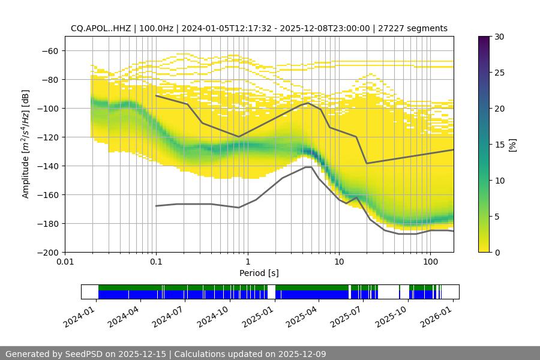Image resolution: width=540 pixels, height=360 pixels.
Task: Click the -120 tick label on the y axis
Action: [47, 137]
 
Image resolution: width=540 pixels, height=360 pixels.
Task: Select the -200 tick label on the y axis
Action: [47, 252]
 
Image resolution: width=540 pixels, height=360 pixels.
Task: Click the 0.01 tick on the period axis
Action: [65, 262]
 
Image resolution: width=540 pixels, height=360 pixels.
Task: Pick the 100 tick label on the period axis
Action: [430, 262]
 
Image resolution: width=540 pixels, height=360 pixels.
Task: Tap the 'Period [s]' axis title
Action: [259, 273]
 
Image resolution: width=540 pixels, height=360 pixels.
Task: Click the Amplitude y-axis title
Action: [26, 144]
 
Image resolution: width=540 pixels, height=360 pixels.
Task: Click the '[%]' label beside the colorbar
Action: [512, 145]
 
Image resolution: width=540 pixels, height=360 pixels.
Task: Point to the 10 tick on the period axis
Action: [338, 262]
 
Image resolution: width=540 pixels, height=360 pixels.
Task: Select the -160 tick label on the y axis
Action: [47, 194]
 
